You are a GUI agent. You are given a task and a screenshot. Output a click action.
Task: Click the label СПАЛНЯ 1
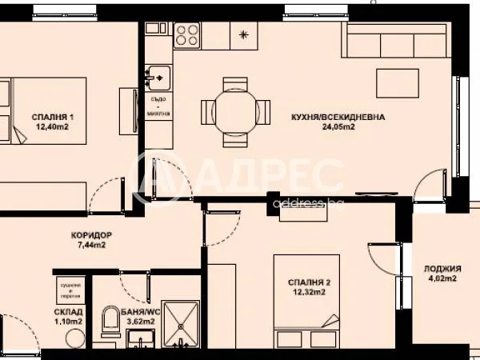pos(53,117)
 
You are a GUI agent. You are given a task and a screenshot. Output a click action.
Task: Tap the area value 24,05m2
pos(338,126)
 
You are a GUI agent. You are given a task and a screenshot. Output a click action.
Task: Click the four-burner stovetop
pos(187,34)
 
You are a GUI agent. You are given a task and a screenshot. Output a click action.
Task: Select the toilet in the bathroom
pos(111,323)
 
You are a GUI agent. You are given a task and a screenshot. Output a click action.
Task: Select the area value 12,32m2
pos(308,293)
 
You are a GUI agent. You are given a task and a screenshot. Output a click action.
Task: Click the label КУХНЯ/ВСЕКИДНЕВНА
pos(338,117)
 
